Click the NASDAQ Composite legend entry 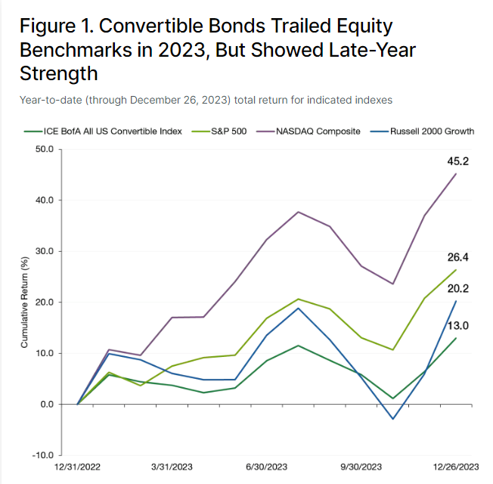pos(309,131)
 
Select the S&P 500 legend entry pos(219,131)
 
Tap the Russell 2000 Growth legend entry pos(422,131)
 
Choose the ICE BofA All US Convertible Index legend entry pos(103,131)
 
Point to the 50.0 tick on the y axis pos(45,149)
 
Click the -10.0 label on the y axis pos(43,455)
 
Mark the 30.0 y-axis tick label pos(45,251)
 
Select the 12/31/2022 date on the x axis pos(77,467)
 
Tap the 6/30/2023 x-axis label pos(267,467)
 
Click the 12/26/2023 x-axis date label pos(456,467)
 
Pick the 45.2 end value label pos(457,161)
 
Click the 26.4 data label pos(457,257)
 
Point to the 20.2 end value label pos(457,288)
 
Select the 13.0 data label pos(457,326)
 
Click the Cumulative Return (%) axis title pos(24,302)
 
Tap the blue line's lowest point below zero pos(392,419)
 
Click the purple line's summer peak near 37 pos(298,212)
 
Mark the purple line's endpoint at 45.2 pos(456,174)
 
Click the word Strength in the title pos(59,73)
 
